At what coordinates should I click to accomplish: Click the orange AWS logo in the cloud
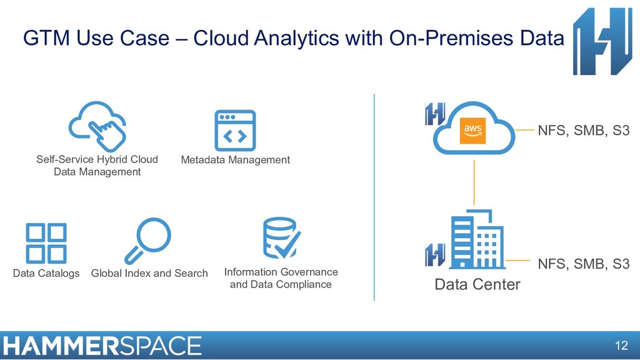coord(472,131)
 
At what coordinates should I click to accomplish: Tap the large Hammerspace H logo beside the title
coord(602,41)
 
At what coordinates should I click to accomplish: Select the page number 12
coord(621,346)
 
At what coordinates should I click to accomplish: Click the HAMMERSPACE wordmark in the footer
coord(102,346)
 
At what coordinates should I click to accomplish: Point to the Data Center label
coord(477,284)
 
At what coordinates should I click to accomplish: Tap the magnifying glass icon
coord(147,241)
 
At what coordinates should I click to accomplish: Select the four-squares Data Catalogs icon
coord(46,242)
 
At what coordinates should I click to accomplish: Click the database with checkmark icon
coord(281,238)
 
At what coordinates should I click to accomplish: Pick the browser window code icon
coord(235,131)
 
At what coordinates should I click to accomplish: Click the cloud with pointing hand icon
coord(97,124)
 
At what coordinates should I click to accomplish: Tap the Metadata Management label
coord(235,160)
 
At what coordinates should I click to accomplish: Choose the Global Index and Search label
coord(149,273)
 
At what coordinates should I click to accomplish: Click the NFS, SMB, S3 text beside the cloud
coord(583,131)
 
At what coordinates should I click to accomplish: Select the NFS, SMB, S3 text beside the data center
coord(583,264)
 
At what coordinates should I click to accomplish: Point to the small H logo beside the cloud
coord(435,114)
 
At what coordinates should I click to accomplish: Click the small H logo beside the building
coord(435,255)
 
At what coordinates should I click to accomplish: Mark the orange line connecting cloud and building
coord(474,182)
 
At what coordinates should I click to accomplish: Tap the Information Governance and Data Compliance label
coord(281,278)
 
